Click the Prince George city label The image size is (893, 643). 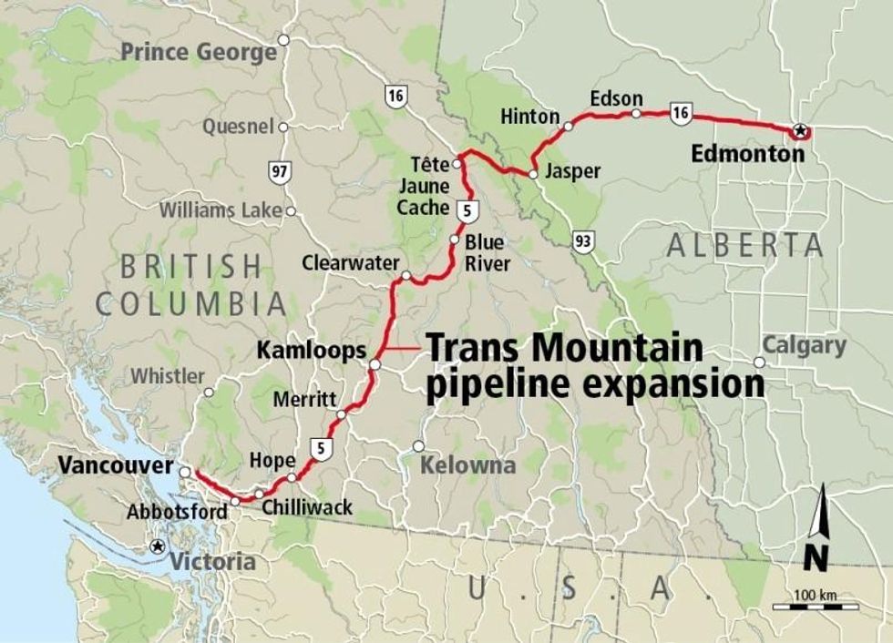(199, 52)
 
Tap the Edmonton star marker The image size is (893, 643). (800, 131)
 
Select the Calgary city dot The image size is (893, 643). (759, 362)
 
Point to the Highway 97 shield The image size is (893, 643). (280, 171)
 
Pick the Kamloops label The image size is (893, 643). (312, 350)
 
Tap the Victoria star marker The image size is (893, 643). (158, 546)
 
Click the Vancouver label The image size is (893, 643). (116, 465)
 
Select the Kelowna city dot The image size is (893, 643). (418, 446)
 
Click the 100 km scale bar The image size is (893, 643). (816, 605)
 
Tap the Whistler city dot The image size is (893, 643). (209, 393)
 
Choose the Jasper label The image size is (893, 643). (572, 171)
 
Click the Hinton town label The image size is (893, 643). (529, 117)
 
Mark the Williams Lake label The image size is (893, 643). (221, 210)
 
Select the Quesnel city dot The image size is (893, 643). (283, 127)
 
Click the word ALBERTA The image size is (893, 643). (744, 245)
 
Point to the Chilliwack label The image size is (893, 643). (307, 507)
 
